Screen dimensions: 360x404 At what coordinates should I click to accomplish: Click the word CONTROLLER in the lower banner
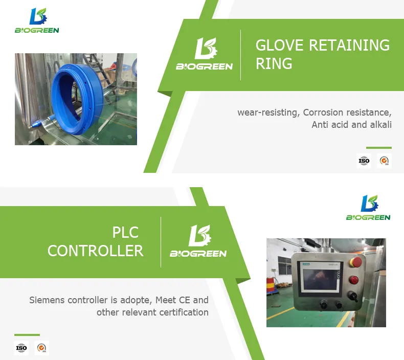pos(95,251)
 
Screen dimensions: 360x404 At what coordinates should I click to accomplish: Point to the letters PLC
pos(125,232)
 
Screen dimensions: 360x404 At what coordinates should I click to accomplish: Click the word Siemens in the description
pos(47,300)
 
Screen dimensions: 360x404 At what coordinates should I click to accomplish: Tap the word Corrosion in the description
pos(323,112)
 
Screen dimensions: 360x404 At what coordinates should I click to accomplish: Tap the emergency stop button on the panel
pos(356,262)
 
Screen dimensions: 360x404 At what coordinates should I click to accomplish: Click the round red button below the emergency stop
pos(354,280)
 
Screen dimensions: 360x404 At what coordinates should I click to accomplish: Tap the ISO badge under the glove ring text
pos(364,161)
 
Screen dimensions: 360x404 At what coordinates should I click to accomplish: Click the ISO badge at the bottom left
pos(21,348)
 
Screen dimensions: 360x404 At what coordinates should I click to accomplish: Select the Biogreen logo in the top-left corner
pos(37,21)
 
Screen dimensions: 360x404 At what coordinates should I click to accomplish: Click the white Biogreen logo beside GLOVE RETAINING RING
pos(205,54)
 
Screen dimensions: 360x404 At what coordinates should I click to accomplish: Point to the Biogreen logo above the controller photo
pos(368,208)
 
